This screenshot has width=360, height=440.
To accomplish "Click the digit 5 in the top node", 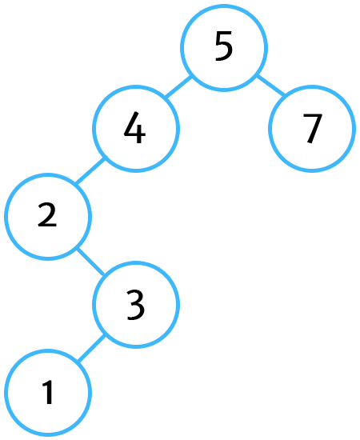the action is tap(224, 46).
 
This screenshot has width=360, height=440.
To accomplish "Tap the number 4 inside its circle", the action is tap(135, 128).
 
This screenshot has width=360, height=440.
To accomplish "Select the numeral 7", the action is tap(312, 129).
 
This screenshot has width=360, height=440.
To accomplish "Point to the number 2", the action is tap(47, 214).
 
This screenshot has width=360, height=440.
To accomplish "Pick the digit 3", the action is tap(136, 305).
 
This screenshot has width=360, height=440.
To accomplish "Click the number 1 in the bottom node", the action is tap(48, 392).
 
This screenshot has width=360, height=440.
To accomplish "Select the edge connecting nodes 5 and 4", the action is tap(178, 87).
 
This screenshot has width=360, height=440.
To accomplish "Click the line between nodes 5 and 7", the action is tap(271, 86).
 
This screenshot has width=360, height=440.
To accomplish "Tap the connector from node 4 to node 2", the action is tap(90, 171).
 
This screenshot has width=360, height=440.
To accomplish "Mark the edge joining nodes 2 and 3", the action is tap(90, 261).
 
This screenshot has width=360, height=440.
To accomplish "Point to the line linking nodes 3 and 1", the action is tap(91, 348).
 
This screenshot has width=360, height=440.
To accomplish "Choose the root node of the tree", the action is tap(224, 48).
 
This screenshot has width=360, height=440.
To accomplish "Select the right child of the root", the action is tap(312, 129).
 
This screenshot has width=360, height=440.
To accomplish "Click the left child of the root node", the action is tap(136, 129).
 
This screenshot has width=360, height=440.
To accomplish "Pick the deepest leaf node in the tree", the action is tap(48, 393).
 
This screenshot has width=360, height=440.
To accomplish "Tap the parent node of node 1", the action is tap(136, 305).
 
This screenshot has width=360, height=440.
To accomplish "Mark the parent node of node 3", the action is tap(48, 217).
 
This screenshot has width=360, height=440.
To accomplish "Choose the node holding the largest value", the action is tap(312, 129).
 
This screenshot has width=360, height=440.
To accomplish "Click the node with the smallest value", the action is tap(48, 393).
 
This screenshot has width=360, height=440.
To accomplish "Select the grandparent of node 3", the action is tap(136, 129).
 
